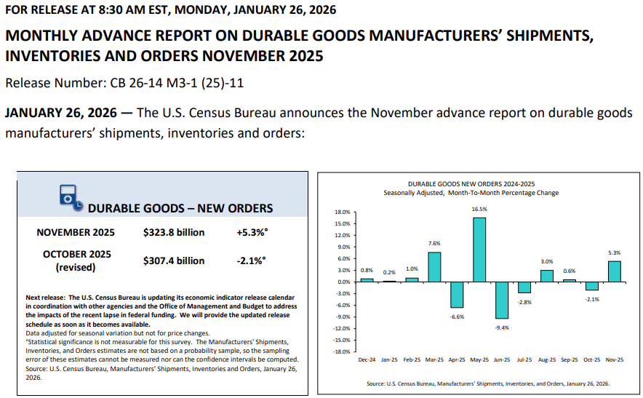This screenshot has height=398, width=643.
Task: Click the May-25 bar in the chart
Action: [479, 249]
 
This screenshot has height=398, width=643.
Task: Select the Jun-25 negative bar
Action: [502, 300]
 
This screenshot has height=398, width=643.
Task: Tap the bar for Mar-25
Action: [434, 266]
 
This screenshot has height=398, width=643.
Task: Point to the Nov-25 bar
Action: [615, 271]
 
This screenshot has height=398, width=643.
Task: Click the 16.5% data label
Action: [479, 209]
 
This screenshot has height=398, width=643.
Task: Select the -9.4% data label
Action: [502, 327]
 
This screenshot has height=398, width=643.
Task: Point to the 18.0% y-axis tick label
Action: [343, 212]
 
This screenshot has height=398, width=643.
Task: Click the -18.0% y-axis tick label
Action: [342, 351]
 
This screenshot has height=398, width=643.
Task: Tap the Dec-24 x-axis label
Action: [367, 360]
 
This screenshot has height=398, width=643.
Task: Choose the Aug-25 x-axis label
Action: [547, 360]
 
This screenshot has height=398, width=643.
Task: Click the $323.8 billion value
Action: [174, 233]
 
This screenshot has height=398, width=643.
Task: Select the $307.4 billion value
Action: [174, 260]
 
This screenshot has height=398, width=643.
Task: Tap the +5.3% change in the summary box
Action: [252, 233]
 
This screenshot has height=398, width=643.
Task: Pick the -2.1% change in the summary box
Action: [252, 260]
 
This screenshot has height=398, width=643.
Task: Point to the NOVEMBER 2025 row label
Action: [76, 233]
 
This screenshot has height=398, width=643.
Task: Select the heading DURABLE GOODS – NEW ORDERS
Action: [180, 208]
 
